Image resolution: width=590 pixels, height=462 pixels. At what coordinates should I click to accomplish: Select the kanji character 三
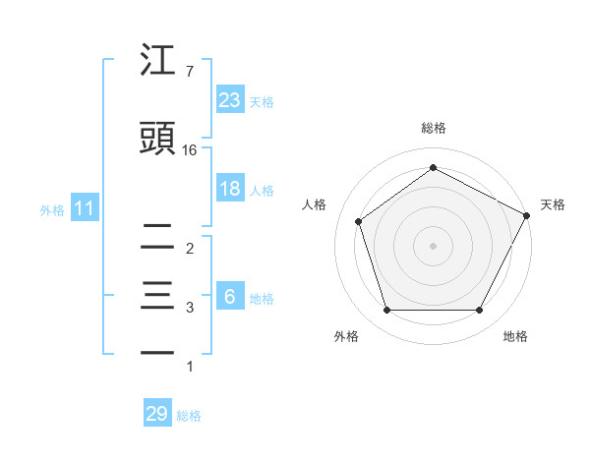[158, 296]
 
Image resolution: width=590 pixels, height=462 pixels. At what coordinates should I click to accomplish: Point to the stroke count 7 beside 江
[189, 72]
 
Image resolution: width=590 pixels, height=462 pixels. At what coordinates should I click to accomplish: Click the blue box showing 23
[230, 100]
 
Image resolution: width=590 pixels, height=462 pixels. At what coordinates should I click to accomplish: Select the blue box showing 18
[230, 189]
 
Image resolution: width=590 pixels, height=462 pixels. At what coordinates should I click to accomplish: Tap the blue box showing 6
[230, 297]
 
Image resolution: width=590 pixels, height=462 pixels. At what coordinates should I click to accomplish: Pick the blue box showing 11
[84, 208]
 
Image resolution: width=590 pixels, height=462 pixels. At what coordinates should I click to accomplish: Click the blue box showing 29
[157, 414]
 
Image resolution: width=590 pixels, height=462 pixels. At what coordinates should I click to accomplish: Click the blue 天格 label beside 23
[262, 101]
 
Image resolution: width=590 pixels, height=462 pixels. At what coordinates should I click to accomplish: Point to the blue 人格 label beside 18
[262, 190]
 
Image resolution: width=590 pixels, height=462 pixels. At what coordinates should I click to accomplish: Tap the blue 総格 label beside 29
[189, 415]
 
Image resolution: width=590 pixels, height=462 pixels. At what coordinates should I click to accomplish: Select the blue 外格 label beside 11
[52, 209]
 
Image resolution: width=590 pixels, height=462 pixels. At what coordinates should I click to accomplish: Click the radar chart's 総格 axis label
[434, 128]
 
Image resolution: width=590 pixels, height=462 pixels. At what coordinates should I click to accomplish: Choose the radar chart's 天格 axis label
[553, 204]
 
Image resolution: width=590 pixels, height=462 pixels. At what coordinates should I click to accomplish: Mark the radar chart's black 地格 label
[515, 336]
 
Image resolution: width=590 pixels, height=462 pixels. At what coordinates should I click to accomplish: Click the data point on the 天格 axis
[527, 215]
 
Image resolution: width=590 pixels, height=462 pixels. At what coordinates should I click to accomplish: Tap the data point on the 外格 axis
[386, 311]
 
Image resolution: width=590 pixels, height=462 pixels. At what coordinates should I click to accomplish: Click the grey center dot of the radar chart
[434, 245]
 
